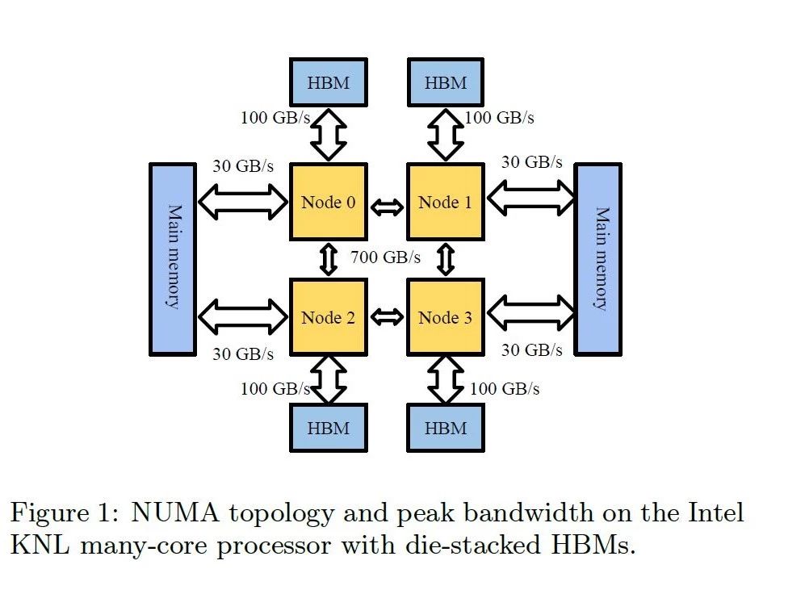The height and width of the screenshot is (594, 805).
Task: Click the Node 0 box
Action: (328, 202)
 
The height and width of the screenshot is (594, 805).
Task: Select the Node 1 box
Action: (445, 202)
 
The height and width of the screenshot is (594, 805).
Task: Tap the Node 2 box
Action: (328, 317)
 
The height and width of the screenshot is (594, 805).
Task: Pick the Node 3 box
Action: (445, 317)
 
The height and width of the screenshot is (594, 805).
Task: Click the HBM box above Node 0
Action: (329, 82)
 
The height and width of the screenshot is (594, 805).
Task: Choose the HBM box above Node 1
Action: (446, 82)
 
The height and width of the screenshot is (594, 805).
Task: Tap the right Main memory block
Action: (598, 258)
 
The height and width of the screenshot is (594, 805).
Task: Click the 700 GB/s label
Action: (386, 258)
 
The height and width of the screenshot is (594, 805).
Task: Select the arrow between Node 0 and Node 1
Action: (387, 207)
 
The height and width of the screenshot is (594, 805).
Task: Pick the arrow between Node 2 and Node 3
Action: (387, 317)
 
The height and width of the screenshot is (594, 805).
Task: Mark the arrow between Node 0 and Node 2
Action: (329, 259)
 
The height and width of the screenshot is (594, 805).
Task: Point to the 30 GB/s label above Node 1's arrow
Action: (532, 161)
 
